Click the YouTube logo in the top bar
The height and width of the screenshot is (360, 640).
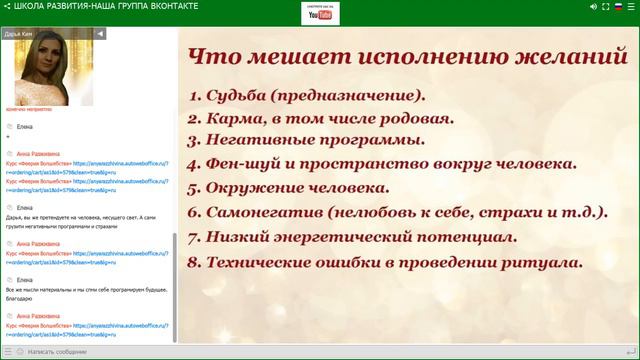point(320,14)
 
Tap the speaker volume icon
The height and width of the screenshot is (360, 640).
point(568,7)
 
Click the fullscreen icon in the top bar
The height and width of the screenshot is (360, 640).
point(591,7)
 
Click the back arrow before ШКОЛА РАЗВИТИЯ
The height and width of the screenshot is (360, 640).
point(7,7)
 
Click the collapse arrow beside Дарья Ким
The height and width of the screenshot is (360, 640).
point(100,33)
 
